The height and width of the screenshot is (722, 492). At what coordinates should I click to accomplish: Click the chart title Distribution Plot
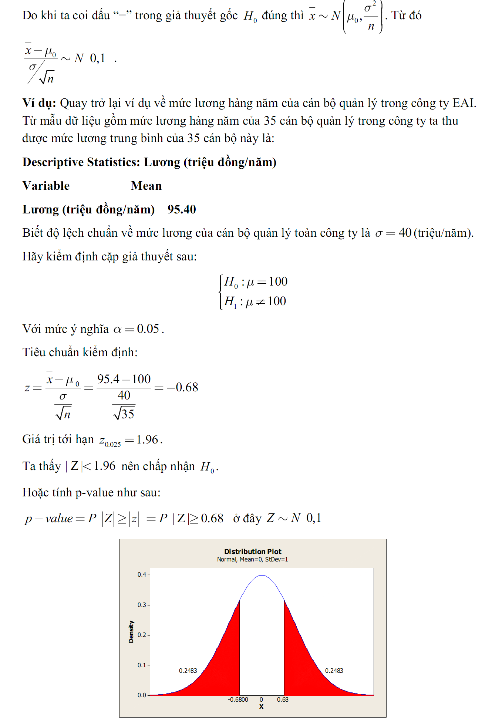(x=253, y=551)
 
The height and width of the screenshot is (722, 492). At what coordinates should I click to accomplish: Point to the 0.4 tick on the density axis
(x=142, y=574)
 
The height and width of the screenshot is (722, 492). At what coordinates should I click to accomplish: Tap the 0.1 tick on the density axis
(x=142, y=665)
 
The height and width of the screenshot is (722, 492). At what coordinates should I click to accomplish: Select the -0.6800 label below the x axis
(x=238, y=699)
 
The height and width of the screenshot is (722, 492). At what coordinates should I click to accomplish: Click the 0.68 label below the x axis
(x=283, y=699)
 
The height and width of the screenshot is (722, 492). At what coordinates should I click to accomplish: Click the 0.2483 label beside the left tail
(x=188, y=671)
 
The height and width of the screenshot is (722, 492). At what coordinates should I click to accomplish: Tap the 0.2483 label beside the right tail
(x=334, y=671)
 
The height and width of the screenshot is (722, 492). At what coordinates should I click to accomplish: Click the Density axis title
(x=131, y=632)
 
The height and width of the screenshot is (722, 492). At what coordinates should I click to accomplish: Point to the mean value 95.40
(x=182, y=209)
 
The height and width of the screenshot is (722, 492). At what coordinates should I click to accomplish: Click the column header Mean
(x=146, y=186)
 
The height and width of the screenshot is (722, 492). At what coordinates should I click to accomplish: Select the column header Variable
(x=46, y=186)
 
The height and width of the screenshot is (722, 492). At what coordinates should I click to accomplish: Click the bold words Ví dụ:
(x=39, y=103)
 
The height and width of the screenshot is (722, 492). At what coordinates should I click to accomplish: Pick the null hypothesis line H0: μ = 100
(x=255, y=282)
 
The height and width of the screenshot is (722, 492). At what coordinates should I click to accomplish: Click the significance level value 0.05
(x=148, y=329)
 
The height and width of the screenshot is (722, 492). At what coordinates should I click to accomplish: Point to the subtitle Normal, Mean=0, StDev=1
(x=252, y=559)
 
